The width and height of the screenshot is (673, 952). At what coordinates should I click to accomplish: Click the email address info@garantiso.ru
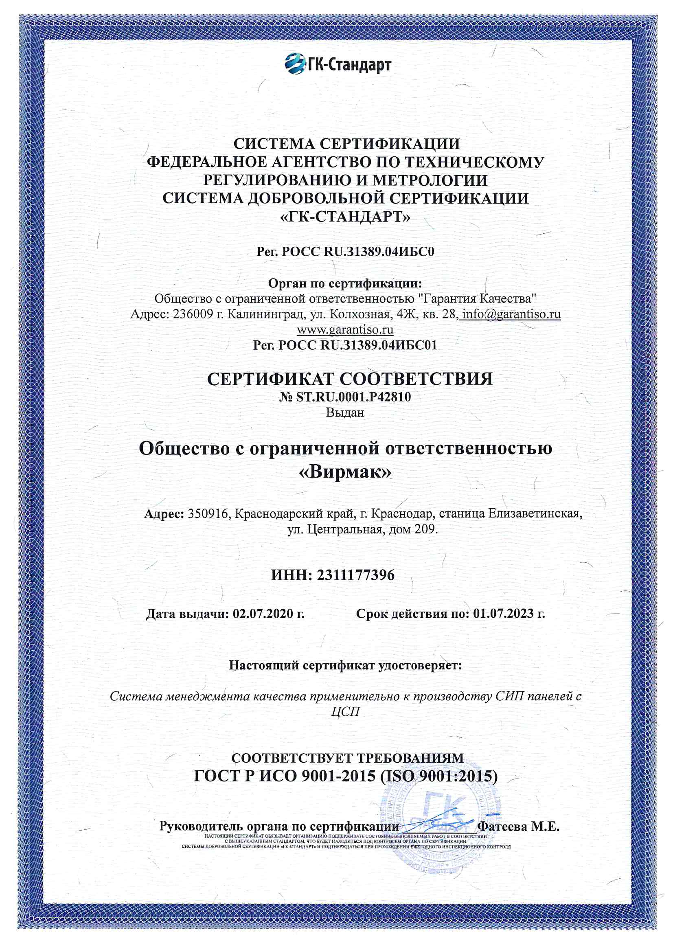click(511, 314)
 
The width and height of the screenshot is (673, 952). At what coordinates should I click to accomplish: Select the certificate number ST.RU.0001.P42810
click(353, 397)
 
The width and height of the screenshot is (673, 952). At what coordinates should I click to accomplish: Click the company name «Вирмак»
click(345, 472)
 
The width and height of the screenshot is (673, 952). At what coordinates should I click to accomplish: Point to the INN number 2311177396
click(356, 575)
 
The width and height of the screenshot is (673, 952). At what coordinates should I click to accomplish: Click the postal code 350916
click(208, 514)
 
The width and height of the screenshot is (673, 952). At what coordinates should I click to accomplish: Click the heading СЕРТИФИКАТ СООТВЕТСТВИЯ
click(350, 379)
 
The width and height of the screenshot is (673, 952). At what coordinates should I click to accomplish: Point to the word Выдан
click(344, 412)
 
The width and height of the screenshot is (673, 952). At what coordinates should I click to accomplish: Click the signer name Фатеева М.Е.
click(518, 826)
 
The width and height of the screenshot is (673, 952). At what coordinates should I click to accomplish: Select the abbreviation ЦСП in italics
click(345, 712)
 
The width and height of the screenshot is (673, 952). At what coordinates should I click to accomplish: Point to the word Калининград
click(267, 314)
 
